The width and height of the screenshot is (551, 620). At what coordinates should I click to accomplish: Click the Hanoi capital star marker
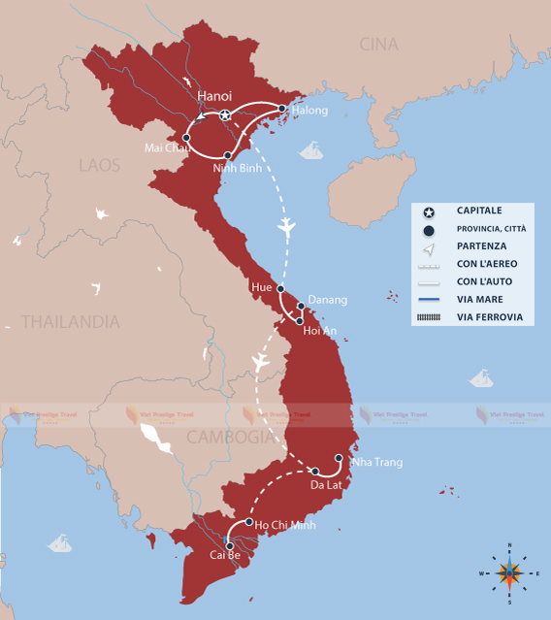point(225,115)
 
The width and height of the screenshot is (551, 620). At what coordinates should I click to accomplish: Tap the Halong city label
point(308,111)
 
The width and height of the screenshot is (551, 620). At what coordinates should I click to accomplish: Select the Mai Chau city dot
point(186,138)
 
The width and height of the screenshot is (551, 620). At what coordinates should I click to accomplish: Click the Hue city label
point(260,288)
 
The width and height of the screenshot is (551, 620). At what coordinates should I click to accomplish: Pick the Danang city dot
point(301,306)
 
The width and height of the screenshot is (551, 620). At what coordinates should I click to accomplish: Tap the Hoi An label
point(320,330)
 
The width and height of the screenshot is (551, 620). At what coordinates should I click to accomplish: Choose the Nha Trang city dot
point(339,458)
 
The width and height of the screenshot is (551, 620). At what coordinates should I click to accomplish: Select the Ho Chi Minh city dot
point(249,522)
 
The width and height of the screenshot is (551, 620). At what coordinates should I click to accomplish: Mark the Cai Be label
point(225,555)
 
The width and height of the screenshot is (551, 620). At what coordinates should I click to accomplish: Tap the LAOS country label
point(99,165)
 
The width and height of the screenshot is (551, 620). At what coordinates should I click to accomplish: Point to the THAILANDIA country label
point(71,321)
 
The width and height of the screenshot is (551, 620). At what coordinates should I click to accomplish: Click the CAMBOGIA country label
point(231,437)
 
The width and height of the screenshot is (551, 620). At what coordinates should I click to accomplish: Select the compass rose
point(509,573)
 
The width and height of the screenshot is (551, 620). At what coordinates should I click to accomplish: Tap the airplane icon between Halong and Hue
point(285,227)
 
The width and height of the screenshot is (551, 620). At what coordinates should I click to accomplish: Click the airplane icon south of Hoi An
point(259,361)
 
